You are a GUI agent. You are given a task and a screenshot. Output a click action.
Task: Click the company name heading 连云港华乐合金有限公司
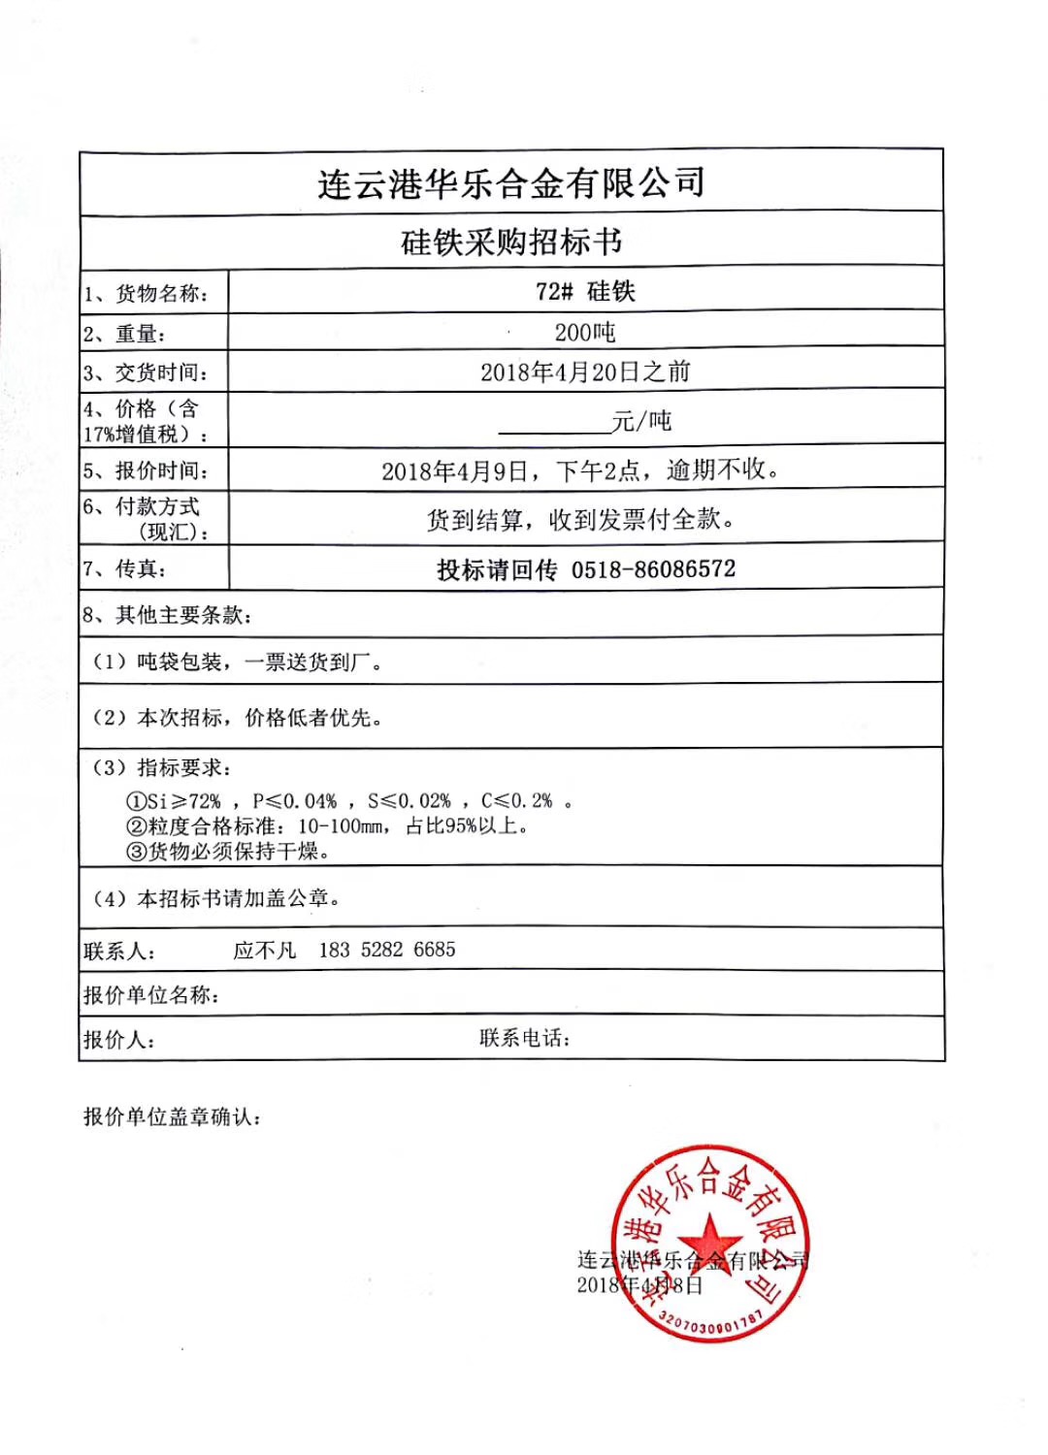tap(511, 182)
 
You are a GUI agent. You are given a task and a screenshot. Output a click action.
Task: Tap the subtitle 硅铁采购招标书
tap(511, 242)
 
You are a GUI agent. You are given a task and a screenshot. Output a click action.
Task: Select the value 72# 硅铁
tap(585, 291)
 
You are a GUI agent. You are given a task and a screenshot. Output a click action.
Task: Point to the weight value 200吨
tap(585, 333)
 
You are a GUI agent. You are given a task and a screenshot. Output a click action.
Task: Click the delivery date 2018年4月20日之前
tap(585, 372)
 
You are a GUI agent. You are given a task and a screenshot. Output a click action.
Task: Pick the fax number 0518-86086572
tap(653, 569)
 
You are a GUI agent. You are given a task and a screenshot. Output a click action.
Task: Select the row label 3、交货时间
tap(146, 373)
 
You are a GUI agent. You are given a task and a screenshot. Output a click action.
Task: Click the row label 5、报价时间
tap(146, 471)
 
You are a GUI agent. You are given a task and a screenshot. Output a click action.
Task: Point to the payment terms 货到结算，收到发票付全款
tap(580, 520)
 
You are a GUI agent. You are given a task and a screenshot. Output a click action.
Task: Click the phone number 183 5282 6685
tap(387, 950)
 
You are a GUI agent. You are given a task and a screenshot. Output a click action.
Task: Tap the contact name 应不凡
tap(264, 951)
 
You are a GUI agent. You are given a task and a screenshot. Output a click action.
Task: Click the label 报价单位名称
tap(151, 995)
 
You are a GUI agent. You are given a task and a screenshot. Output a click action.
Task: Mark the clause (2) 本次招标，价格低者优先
tap(237, 718)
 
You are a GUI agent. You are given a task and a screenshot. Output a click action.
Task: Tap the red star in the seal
tap(710, 1241)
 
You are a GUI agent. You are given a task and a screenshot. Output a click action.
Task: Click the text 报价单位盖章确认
tap(172, 1117)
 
